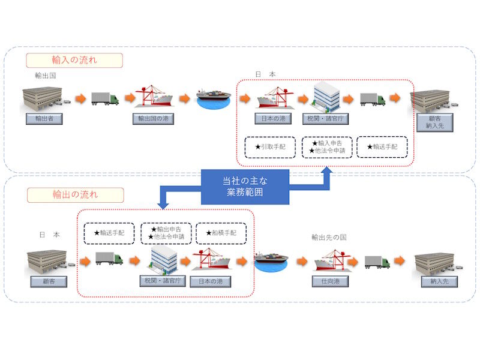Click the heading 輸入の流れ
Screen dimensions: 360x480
tap(74, 60)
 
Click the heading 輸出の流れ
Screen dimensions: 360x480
tap(74, 195)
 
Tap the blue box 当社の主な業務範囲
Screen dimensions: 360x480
tap(245, 187)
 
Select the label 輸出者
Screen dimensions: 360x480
tap(44, 118)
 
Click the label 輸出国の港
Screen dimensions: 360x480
tap(153, 119)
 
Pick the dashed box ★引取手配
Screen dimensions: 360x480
tap(270, 147)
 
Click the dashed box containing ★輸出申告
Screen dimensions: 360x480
tap(166, 233)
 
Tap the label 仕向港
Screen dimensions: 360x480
tap(330, 281)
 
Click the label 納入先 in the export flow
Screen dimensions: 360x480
tap(435, 281)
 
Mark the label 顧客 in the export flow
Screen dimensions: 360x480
tap(46, 281)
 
